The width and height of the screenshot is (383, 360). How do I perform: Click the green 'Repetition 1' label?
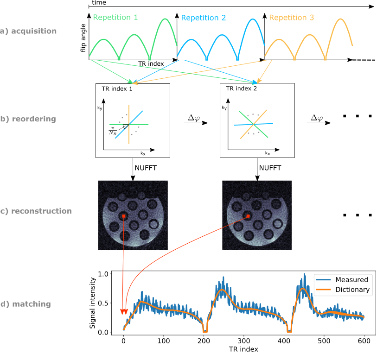tap(115, 18)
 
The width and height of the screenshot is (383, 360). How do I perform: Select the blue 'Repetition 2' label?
tap(204, 18)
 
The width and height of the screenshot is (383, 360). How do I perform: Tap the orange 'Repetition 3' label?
tap(291, 18)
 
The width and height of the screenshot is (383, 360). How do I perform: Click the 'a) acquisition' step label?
tap(28, 32)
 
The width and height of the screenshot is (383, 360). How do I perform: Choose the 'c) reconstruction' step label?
tap(36, 211)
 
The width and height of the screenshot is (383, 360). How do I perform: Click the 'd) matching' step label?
tap(26, 304)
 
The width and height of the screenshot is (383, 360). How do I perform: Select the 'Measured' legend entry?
tap(351, 279)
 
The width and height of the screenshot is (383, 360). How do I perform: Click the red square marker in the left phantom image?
tap(124, 216)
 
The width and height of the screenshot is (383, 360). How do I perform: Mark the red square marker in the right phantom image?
tap(248, 216)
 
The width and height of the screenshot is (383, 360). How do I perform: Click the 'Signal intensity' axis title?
tap(93, 303)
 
